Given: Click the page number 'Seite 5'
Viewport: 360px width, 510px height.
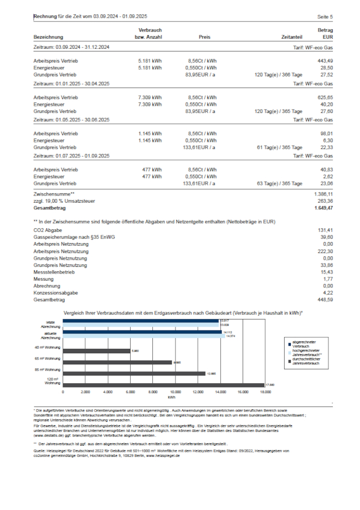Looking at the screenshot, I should tap(325, 17).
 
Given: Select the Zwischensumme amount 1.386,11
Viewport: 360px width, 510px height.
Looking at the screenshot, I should tap(323, 194).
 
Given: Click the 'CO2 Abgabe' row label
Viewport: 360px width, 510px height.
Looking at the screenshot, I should tap(48, 230).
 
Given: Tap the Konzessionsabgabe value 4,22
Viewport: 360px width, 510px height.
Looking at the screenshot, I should tap(327, 292).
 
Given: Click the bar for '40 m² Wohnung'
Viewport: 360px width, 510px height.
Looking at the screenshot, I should tap(97, 350).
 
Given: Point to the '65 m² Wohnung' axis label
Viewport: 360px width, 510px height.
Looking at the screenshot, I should tap(48, 359).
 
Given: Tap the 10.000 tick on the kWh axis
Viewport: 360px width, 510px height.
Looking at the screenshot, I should tap(176, 392).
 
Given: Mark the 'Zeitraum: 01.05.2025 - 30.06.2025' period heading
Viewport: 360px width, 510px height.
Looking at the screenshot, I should tap(71, 120).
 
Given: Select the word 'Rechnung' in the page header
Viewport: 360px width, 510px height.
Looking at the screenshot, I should tap(45, 17).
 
